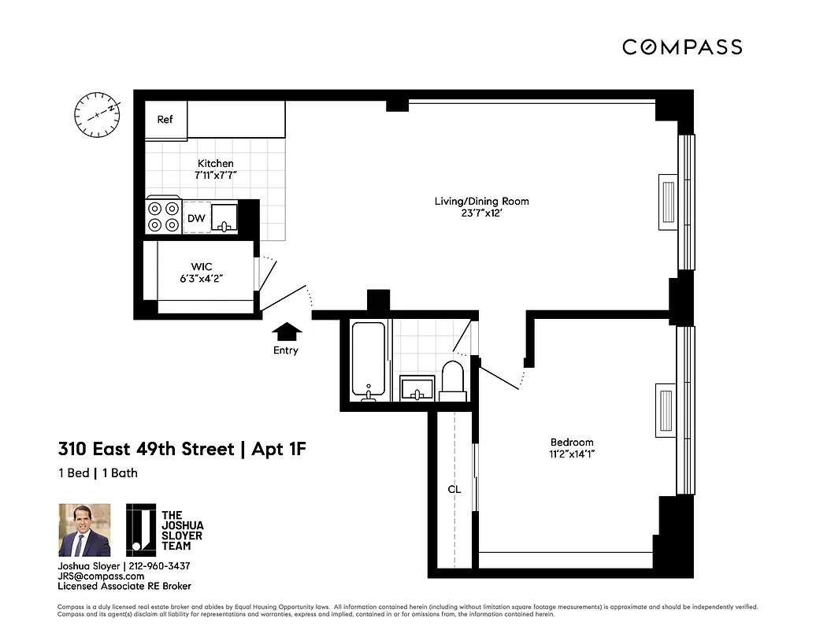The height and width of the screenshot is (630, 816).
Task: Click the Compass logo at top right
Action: tap(682, 47)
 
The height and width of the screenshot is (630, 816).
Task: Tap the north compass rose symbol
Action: tap(96, 113)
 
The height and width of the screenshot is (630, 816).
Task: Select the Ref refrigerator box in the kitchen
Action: tap(165, 120)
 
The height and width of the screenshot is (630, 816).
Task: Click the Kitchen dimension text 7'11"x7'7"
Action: tap(216, 176)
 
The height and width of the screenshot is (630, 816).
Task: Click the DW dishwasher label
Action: tap(195, 217)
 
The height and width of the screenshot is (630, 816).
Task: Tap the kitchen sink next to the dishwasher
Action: tap(225, 217)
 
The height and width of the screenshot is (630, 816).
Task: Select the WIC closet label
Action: tap(202, 267)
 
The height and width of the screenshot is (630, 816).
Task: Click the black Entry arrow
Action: tap(285, 332)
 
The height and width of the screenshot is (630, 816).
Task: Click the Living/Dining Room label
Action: tap(482, 202)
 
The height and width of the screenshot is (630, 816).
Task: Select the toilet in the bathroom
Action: tap(453, 379)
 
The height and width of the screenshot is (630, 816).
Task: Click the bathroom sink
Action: tap(417, 387)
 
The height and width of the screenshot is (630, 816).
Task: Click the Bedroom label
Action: tap(572, 442)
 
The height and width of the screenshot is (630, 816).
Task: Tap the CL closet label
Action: tap(454, 489)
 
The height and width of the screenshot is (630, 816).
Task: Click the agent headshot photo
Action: tap(84, 530)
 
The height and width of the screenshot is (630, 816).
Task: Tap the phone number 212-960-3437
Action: tap(158, 566)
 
